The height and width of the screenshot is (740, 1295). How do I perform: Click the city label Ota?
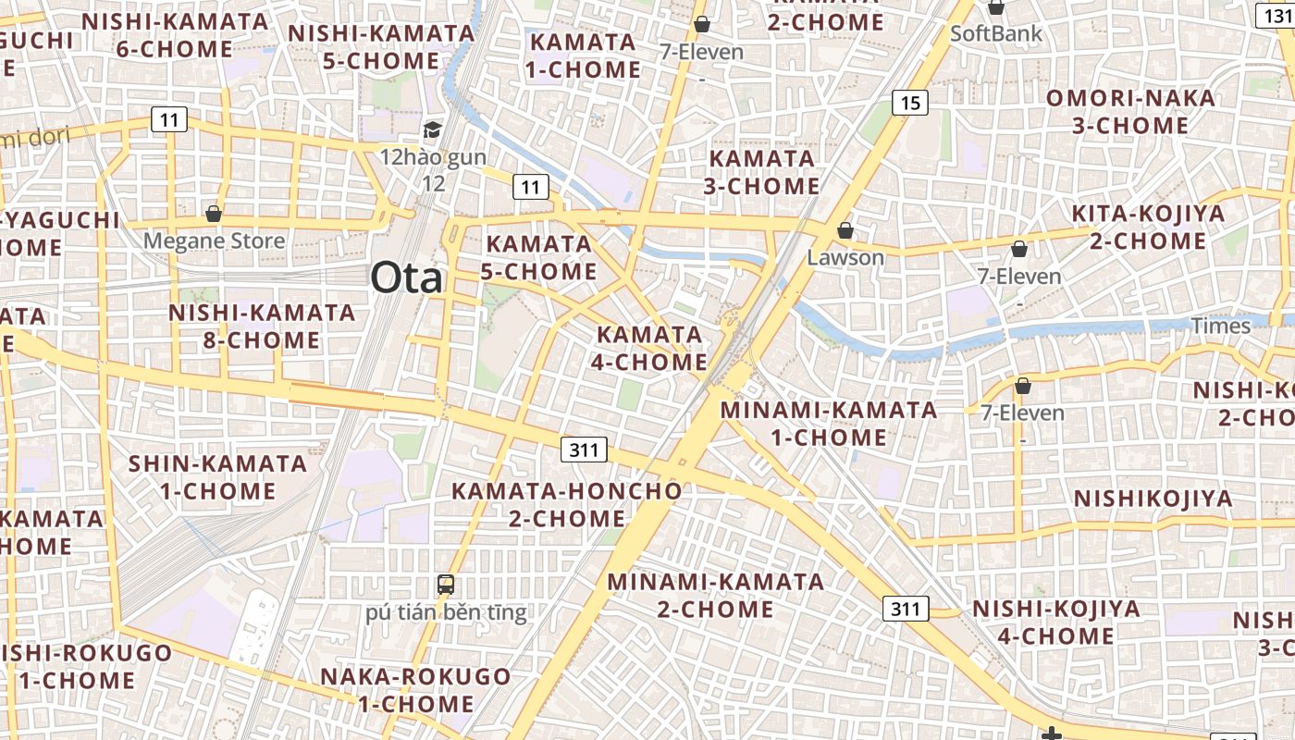click(407, 277)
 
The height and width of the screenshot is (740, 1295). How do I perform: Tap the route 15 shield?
click(910, 103)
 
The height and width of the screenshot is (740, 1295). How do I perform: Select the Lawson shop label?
click(845, 257)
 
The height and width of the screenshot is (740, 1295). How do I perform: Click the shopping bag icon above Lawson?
click(845, 229)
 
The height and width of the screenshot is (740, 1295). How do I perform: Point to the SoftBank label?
click(996, 34)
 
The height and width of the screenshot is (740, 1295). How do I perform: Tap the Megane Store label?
click(214, 241)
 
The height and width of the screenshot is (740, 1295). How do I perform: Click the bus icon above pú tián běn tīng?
click(446, 585)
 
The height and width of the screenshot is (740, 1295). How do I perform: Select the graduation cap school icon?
click(432, 129)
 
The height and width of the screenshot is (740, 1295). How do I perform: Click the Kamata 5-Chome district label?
click(539, 258)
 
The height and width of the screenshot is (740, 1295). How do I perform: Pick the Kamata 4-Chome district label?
click(649, 348)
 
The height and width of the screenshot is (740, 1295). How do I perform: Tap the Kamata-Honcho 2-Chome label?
click(566, 504)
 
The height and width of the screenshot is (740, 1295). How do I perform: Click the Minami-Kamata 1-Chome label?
click(829, 423)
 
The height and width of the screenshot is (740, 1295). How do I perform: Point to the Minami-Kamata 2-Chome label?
click(715, 595)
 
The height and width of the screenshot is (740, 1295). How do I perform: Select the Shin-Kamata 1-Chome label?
click(217, 477)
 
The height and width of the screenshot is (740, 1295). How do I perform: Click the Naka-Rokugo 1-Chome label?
click(415, 690)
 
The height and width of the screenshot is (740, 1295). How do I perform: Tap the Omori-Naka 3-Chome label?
click(1130, 112)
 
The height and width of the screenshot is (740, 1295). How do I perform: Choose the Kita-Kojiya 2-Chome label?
click(1148, 228)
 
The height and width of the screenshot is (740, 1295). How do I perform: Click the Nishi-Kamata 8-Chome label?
click(262, 327)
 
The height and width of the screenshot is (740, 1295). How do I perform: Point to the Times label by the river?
click(1220, 326)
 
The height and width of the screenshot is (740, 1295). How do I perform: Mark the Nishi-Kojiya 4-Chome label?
click(1055, 622)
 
